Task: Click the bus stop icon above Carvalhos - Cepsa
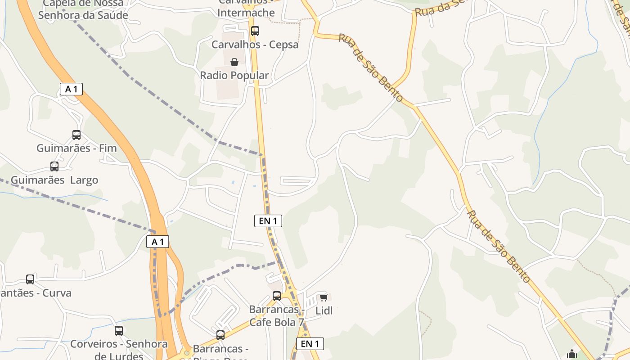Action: point(255,31)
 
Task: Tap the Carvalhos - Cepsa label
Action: point(255,45)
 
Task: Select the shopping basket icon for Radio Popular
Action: point(234,62)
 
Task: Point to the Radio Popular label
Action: point(234,75)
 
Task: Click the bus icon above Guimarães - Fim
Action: point(76,135)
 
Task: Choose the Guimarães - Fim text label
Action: point(76,148)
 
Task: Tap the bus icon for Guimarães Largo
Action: point(54,166)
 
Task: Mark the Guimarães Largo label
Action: point(54,180)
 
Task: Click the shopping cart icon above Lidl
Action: point(324,297)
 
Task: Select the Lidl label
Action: point(324,310)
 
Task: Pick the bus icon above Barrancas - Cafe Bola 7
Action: point(277,296)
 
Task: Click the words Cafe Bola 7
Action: point(277,322)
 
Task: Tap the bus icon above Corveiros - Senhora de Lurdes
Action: point(119,331)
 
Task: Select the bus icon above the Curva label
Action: point(30,279)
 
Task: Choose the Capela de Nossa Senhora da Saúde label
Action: point(83,9)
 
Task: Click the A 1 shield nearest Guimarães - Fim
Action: point(71,89)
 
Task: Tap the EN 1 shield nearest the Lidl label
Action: point(310,344)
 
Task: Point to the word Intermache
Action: point(246,13)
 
